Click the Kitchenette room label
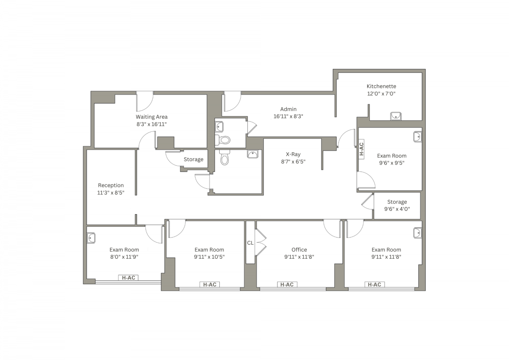coord(381,87)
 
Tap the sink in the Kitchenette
coord(396,116)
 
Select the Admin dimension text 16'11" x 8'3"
coord(288,116)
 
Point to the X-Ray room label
coord(293,154)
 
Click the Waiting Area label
coord(151,117)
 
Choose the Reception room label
coord(111,185)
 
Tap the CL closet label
coord(250,243)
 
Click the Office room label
coord(299,250)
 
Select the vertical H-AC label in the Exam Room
coord(361,149)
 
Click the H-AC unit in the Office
coord(287,285)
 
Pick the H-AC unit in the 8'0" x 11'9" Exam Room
coord(129,278)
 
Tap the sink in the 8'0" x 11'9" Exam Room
coord(91,238)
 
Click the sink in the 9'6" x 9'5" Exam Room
coord(418,137)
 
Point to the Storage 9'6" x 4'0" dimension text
coord(397,209)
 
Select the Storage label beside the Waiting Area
coord(193,159)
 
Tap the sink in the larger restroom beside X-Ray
coord(252,154)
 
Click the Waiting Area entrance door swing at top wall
coord(145,101)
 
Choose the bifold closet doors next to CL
coord(260,243)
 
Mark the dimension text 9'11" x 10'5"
coord(209,257)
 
